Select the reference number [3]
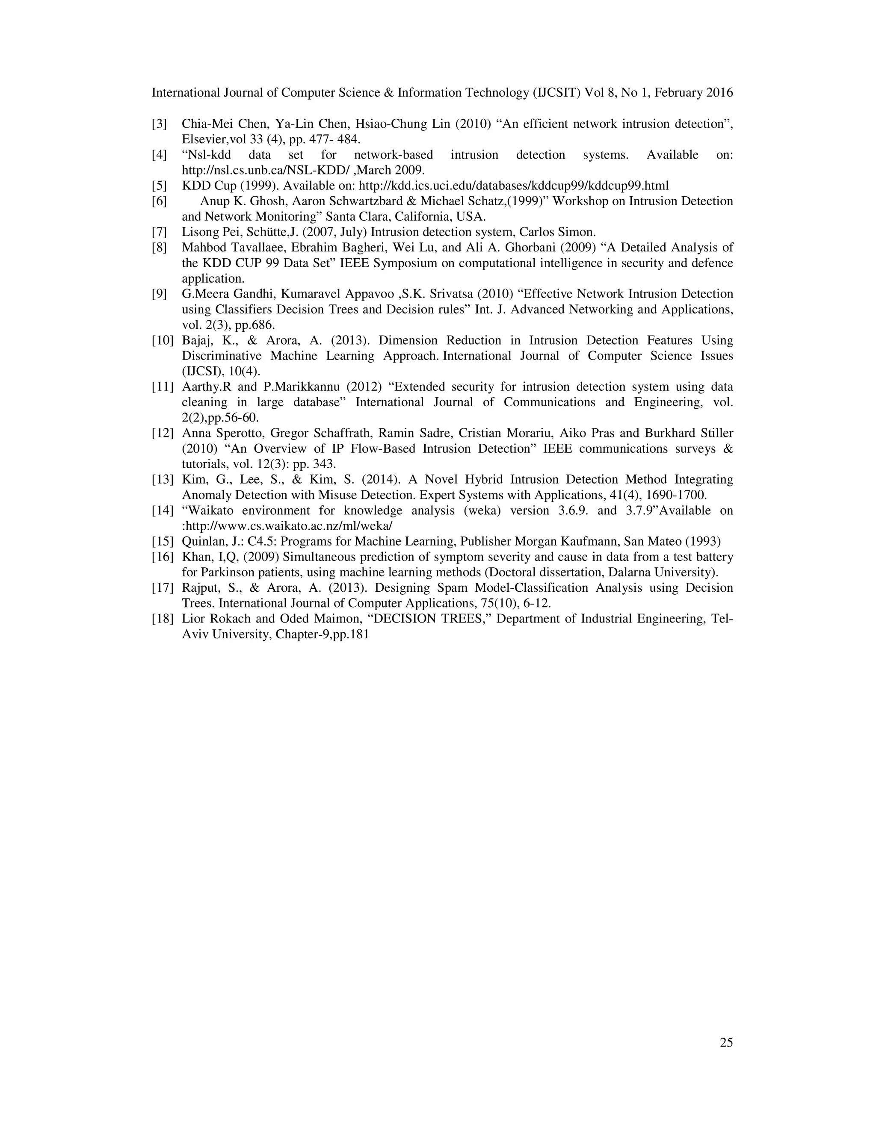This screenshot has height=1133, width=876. [159, 124]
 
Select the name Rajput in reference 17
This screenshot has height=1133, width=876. [200, 588]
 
